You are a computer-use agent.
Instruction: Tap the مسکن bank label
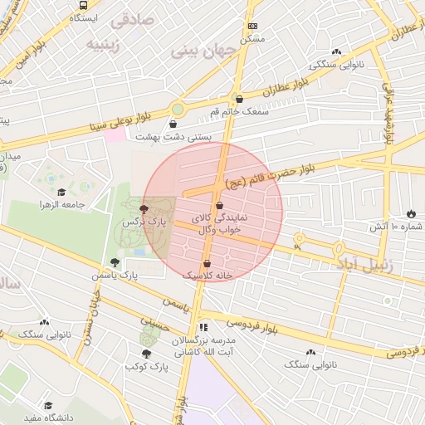pos(252,38)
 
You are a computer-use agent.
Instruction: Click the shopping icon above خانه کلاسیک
pos(207,262)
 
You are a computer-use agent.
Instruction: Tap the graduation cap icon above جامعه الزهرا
pos(85,193)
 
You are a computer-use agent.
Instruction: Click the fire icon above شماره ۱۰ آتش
pos(413,213)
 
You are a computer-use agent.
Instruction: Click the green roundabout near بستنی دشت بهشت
pos(177,110)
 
